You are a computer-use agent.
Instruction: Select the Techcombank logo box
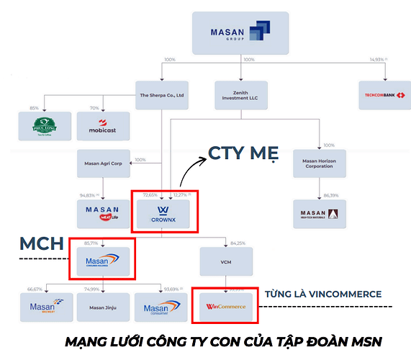pyautogui.click(x=385, y=95)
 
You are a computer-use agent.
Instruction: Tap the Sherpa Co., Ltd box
pyautogui.click(x=162, y=95)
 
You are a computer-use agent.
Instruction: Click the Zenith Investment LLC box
pyautogui.click(x=241, y=95)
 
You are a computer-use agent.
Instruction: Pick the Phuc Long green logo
pyautogui.click(x=45, y=126)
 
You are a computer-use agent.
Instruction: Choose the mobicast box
pyautogui.click(x=103, y=126)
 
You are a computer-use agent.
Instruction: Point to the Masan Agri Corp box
pyautogui.click(x=104, y=163)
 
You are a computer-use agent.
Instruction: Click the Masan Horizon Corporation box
pyautogui.click(x=319, y=163)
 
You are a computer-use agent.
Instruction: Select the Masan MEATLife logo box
pyautogui.click(x=104, y=214)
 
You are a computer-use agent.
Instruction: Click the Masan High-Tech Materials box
pyautogui.click(x=319, y=214)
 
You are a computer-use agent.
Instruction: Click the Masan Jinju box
pyautogui.click(x=103, y=307)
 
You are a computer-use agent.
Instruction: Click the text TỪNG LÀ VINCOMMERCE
pyautogui.click(x=323, y=294)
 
